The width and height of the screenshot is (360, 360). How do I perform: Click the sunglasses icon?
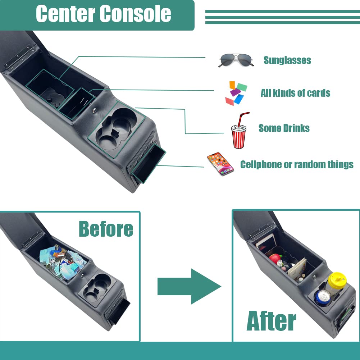click(x=236, y=60)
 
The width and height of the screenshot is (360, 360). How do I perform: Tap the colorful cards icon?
click(x=236, y=93)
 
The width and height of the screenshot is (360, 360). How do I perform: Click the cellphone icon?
click(x=220, y=164)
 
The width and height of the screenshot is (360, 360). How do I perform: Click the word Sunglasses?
click(x=287, y=60)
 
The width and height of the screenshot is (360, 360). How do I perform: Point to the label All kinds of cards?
click(x=295, y=93)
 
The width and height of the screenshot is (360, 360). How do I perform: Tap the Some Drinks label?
click(x=284, y=128)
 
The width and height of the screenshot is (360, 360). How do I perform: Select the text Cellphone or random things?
click(x=297, y=164)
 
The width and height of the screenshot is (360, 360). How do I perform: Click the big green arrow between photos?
click(x=188, y=286)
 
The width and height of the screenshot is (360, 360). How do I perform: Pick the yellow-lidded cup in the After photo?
click(x=337, y=282)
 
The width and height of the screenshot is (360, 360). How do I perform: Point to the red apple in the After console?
click(x=275, y=259)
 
